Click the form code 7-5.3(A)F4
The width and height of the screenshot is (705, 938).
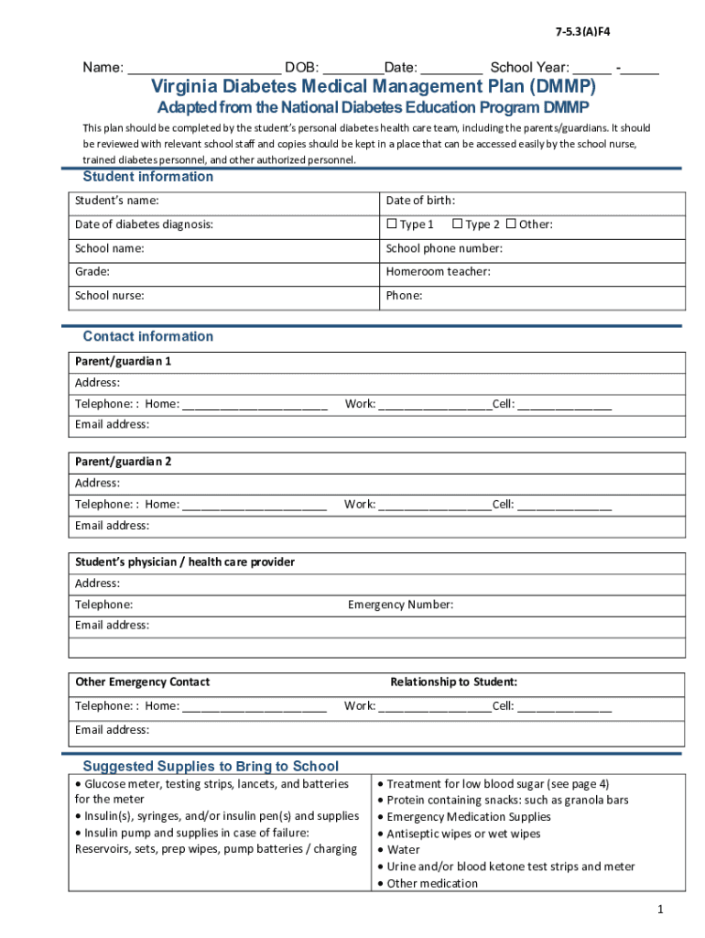pos(582,32)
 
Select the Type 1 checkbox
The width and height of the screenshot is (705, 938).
pos(391,224)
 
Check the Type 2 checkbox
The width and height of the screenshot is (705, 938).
pos(456,224)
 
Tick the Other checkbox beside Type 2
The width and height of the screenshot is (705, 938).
pos(511,224)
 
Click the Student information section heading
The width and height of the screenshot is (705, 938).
pos(147,177)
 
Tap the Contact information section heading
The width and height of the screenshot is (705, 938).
pos(147,336)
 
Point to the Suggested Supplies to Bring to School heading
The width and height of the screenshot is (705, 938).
pos(211,766)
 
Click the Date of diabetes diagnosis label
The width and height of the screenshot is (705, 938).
pos(144,224)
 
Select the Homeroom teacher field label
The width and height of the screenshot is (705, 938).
pos(438,272)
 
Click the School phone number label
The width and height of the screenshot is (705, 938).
pos(444,248)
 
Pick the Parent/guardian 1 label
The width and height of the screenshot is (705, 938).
pos(123,361)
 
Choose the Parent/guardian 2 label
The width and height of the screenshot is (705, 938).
pos(123,462)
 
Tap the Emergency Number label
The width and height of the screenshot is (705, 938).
pos(400,605)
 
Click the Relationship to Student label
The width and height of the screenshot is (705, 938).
pos(453,682)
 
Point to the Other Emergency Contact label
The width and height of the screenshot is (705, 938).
pos(142,682)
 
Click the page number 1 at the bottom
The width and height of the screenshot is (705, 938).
pos(658,909)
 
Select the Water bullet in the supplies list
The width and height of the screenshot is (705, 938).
pos(403,850)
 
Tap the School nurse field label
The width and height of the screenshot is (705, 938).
pos(109,296)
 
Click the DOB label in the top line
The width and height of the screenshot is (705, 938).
pos(301,68)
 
